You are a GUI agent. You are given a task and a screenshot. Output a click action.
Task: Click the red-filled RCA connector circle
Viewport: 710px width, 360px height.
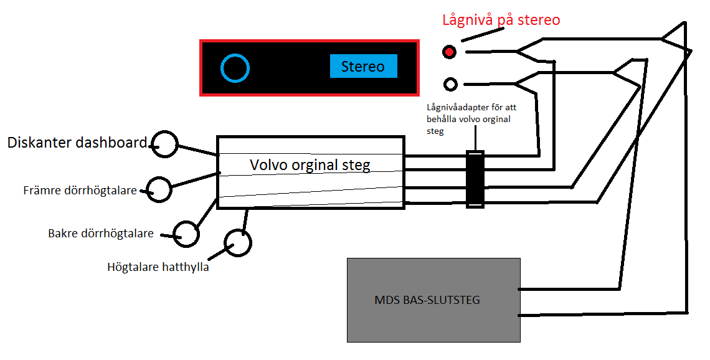(x=449, y=52)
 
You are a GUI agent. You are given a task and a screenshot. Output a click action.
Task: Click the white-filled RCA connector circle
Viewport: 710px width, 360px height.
(x=450, y=83)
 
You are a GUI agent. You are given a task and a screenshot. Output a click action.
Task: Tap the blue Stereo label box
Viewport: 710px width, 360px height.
(x=363, y=66)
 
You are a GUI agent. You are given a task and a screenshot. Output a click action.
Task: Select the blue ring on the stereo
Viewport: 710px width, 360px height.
(x=235, y=68)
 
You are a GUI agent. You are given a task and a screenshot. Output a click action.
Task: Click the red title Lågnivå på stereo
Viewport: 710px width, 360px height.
(x=501, y=20)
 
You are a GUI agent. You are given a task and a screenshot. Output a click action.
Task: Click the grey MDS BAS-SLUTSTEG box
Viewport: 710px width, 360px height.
(x=433, y=299)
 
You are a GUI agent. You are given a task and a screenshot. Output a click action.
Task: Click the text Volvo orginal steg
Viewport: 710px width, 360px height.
(x=310, y=165)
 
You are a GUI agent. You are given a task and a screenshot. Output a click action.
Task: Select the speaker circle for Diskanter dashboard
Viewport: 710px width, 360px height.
(x=166, y=144)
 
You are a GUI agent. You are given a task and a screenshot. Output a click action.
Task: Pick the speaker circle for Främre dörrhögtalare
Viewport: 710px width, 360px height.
(x=159, y=189)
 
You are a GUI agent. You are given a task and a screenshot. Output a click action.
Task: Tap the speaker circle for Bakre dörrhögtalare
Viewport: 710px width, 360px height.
(x=186, y=234)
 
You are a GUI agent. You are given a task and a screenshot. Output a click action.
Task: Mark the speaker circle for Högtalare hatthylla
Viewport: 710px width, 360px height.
(x=237, y=243)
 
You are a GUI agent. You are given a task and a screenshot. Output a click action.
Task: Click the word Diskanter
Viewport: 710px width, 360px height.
(x=40, y=143)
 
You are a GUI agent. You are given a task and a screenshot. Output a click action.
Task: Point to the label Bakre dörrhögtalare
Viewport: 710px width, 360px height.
(x=101, y=234)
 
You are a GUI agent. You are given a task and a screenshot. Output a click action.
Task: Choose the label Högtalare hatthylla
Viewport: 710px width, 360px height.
(x=158, y=267)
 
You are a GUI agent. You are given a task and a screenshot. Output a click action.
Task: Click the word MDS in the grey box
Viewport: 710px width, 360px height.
(x=384, y=300)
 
